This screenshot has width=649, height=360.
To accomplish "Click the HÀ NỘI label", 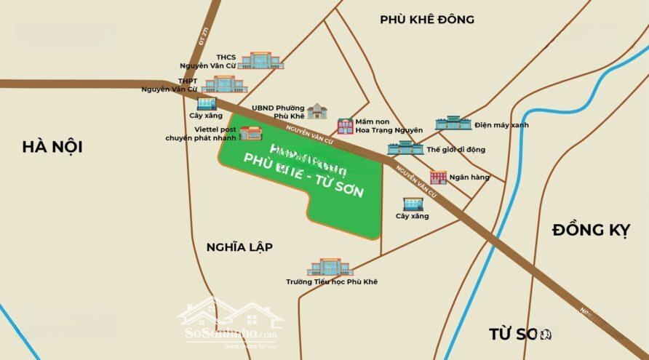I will point(52,147).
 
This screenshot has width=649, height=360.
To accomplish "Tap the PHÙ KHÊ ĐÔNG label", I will point(427,20).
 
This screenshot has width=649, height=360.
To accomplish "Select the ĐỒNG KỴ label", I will point(590,231).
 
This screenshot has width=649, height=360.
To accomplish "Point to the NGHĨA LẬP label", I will point(239,247).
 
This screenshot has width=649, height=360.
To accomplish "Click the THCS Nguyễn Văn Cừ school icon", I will point(255,60).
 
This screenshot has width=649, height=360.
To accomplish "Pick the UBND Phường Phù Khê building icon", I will point(317,111).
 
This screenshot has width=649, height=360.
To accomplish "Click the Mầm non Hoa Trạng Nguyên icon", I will point(345,126).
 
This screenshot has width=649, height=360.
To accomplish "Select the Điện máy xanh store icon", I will point(453,122).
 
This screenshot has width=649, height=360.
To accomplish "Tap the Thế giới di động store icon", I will point(405,148).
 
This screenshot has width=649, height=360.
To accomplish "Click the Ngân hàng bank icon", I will point(438,177).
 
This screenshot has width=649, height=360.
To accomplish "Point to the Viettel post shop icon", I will point(251,132).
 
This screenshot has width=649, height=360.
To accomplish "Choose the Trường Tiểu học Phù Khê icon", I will point(330,267).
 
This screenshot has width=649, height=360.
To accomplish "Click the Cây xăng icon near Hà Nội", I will point(207,103).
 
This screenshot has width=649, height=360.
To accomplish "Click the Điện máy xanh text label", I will point(501,125).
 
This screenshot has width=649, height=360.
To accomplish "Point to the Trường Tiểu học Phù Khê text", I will point(332,281).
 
